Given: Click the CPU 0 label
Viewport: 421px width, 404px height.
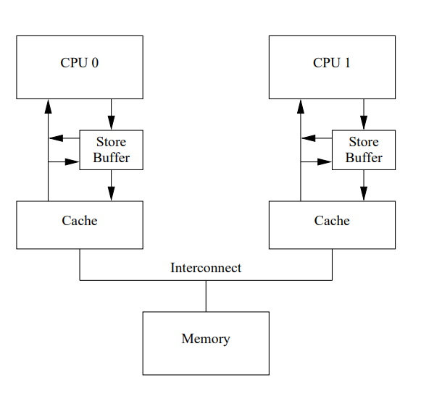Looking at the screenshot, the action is point(80,63).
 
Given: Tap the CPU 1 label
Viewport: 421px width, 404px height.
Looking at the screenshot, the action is point(332,63).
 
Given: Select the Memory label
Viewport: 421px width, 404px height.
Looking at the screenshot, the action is point(206,339).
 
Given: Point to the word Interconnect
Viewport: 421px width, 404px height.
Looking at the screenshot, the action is point(206,268).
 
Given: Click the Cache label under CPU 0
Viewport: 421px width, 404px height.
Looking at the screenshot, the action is point(80,221).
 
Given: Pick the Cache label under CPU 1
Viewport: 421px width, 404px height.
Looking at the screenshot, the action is point(332,221).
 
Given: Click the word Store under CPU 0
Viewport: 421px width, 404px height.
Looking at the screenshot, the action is point(111,142).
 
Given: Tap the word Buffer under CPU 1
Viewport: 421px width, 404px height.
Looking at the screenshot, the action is point(364,157).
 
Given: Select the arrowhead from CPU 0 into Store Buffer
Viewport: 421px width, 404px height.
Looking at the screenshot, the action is point(111,123).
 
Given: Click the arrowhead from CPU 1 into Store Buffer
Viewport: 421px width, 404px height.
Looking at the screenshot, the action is point(364,123).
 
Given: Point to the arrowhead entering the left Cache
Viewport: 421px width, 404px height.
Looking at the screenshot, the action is point(111,194).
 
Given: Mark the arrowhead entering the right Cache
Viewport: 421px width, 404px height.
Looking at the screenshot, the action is point(364,194).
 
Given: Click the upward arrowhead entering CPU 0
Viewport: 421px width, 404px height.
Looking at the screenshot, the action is point(48,106).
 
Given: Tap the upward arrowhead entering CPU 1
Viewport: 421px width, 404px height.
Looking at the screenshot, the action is point(301,106).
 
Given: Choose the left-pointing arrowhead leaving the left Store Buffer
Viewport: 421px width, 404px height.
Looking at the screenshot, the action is point(56,138).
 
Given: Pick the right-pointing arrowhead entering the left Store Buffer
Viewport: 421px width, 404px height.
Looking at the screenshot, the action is point(72,161).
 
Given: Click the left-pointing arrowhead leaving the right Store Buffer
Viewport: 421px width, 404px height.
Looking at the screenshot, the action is point(309,138).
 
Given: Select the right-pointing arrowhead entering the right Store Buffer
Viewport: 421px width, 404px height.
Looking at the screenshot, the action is point(325,161).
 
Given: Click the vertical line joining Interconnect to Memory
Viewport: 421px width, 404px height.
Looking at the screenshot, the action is point(206,296).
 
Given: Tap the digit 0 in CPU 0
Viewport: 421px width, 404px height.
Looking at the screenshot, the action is point(95,63).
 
